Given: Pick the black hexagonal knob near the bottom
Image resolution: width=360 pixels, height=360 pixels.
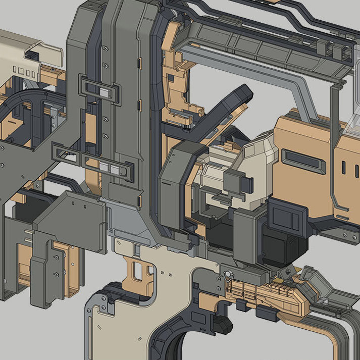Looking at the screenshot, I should pyautogui.click(x=223, y=324).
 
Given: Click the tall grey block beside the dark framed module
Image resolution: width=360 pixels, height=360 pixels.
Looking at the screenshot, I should pyautogui.click(x=248, y=232).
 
